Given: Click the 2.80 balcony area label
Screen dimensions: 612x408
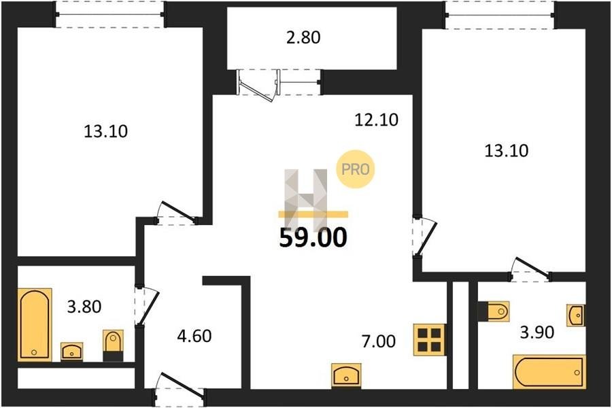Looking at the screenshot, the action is pyautogui.click(x=303, y=37).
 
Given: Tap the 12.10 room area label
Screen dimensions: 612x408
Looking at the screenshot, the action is pyautogui.click(x=376, y=120).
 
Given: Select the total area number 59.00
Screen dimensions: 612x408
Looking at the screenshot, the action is pyautogui.click(x=313, y=237).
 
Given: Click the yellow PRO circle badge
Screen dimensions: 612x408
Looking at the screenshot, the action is pyautogui.click(x=356, y=169).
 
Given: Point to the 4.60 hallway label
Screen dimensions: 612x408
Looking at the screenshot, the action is pyautogui.click(x=194, y=336).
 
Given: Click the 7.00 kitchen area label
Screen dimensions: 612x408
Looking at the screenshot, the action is pyautogui.click(x=379, y=341).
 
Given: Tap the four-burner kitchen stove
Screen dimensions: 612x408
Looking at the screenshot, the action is pyautogui.click(x=429, y=340).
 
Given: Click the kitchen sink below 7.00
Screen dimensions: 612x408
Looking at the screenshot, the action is pyautogui.click(x=346, y=375).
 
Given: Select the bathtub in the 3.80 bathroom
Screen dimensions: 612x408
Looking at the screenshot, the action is pyautogui.click(x=35, y=324).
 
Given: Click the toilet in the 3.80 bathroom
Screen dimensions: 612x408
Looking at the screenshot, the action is pyautogui.click(x=113, y=345).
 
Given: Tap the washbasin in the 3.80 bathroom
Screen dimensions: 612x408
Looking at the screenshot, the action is pyautogui.click(x=72, y=352).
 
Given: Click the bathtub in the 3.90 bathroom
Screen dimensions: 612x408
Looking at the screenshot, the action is pyautogui.click(x=549, y=372).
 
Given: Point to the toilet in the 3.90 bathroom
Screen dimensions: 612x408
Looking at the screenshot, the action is pyautogui.click(x=494, y=311).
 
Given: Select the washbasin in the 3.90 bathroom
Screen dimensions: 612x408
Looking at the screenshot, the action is pyautogui.click(x=576, y=315).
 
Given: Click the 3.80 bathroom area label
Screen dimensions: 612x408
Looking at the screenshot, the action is pyautogui.click(x=84, y=307).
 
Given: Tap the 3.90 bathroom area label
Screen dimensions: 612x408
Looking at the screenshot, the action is pyautogui.click(x=537, y=333).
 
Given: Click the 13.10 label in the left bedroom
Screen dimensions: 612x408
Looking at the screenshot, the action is pyautogui.click(x=105, y=131).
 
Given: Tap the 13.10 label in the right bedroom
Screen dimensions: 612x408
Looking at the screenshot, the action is pyautogui.click(x=506, y=150).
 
